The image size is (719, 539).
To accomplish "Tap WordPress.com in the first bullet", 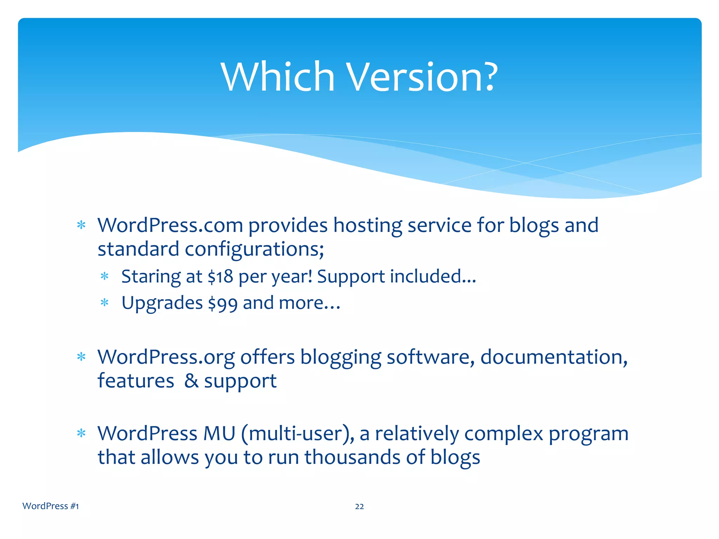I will pos(170,225).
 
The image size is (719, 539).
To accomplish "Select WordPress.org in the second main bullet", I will pos(166,357).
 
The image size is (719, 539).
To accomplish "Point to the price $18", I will pos(220,277).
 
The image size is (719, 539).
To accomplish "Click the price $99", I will pos(223,303).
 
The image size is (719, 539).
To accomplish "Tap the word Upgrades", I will pos(162,303).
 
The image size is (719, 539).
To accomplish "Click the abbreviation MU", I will pos(219,433).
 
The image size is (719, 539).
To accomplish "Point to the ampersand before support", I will pos(191,381).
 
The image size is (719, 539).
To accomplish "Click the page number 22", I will pos(359,506).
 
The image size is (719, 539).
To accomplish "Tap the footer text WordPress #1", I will pos(51,506).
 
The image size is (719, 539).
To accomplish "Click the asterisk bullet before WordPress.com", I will pos(81,225).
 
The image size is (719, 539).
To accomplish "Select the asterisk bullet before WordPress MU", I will pos(81,434).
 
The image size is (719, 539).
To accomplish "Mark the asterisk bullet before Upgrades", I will pos(105,302).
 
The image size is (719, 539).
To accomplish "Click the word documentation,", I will pos(554,357).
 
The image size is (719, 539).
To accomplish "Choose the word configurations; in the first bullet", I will pos(254,249).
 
